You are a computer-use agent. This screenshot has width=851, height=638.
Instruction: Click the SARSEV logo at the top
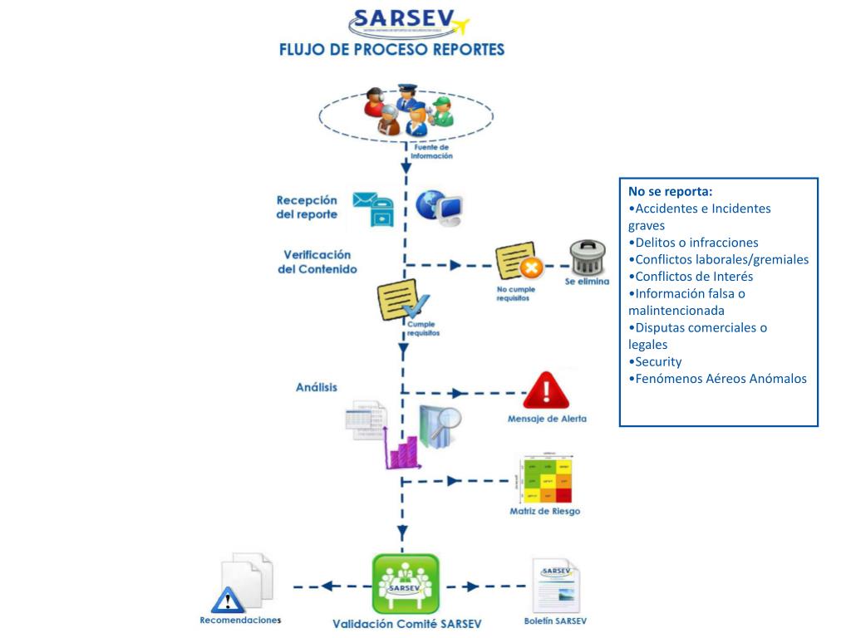pos(408,22)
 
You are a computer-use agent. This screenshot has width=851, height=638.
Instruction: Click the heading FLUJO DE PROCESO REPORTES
pos(391,49)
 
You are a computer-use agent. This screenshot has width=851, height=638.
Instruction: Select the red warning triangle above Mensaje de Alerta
pos(545,390)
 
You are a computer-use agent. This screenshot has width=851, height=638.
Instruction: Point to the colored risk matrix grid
pos(546,479)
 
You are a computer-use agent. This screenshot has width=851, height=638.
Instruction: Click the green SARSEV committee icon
pos(405,583)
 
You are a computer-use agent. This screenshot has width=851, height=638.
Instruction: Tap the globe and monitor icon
pos(440,208)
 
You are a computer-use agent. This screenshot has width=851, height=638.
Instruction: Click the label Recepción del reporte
pos(307,207)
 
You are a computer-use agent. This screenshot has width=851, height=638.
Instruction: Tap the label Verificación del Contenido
pos(317,262)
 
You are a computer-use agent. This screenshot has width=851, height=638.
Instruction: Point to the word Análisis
pos(317,388)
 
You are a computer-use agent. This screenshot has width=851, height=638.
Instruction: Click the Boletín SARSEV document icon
pos(556,586)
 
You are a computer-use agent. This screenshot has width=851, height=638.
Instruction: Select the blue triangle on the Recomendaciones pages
pos(226,599)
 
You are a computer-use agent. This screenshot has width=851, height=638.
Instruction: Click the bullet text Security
pos(657,361)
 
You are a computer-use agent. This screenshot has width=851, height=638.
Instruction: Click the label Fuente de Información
pos(431,151)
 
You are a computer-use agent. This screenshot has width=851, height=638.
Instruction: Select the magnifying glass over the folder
pos(449,419)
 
